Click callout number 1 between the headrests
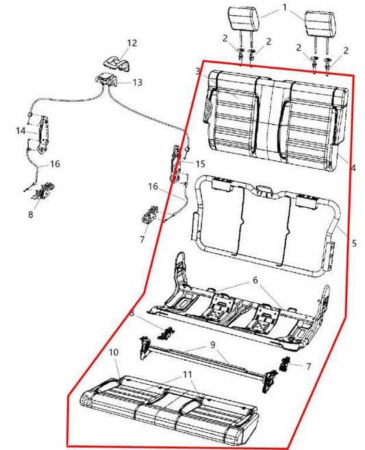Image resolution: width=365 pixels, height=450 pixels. (x=284, y=8)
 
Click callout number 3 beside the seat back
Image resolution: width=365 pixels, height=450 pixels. (x=197, y=71)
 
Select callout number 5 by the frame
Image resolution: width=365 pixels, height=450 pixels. (x=354, y=244)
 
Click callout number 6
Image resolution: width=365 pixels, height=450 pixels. (x=255, y=281)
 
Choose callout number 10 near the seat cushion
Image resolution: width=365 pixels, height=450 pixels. (x=114, y=352)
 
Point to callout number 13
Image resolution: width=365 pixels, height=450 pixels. (x=137, y=82)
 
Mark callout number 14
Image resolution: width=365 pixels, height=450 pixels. (x=20, y=130)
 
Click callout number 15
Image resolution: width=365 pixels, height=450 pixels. (x=200, y=163)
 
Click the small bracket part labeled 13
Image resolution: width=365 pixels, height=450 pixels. (x=107, y=79)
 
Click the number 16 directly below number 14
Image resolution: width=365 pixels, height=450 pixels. (x=54, y=164)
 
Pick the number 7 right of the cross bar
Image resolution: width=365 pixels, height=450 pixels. (x=308, y=366)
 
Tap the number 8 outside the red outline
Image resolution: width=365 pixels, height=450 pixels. (x=30, y=214)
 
